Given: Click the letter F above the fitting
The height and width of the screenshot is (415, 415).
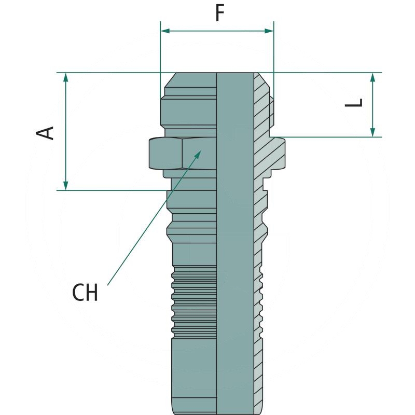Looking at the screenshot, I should tap(219, 14).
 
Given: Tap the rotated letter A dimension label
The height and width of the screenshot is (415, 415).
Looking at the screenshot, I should tap(46, 132).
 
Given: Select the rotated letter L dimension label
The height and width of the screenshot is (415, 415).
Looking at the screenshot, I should tap(354, 104).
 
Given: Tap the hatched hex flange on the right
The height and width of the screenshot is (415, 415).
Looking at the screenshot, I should tap(275, 153).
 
